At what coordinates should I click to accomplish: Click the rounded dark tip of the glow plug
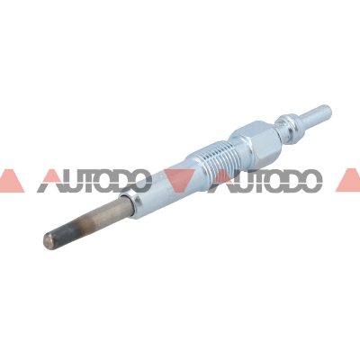click(49, 240)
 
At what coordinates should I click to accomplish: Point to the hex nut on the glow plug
click(256, 140)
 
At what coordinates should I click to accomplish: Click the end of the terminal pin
click(328, 110)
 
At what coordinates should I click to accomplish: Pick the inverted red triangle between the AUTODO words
click(179, 179)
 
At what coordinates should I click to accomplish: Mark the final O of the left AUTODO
click(139, 181)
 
